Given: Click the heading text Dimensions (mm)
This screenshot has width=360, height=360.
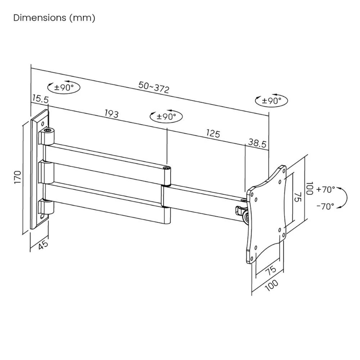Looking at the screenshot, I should (54, 18).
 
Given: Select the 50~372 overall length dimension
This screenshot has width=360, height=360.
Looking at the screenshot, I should (154, 87).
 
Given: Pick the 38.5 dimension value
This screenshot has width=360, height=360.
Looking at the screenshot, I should (257, 144).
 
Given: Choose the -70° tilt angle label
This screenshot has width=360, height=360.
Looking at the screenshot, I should (325, 206).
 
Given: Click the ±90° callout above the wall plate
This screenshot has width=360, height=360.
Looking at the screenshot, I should (64, 87).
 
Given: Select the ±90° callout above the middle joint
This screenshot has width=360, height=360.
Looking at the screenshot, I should (166, 116).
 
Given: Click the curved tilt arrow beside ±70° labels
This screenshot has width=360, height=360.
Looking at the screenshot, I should (345, 197).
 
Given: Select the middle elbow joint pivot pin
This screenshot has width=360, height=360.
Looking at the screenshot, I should (167, 168).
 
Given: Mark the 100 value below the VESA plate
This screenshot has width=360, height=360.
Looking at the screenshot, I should (272, 284).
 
